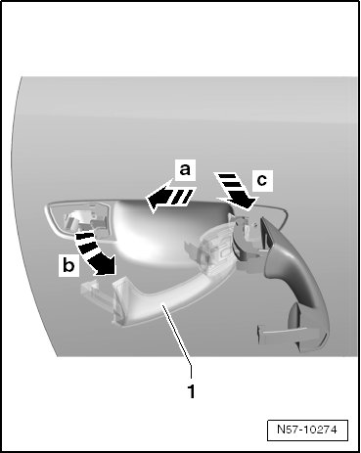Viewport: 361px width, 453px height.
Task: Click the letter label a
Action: pyautogui.click(x=185, y=169)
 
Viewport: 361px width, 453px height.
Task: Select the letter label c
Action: pyautogui.click(x=262, y=180)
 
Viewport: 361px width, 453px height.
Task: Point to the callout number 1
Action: pyautogui.click(x=192, y=391)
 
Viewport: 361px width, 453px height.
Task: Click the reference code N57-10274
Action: pyautogui.click(x=307, y=430)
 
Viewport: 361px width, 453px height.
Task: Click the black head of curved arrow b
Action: pyautogui.click(x=105, y=264)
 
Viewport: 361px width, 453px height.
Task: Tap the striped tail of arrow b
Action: pyautogui.click(x=84, y=244)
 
